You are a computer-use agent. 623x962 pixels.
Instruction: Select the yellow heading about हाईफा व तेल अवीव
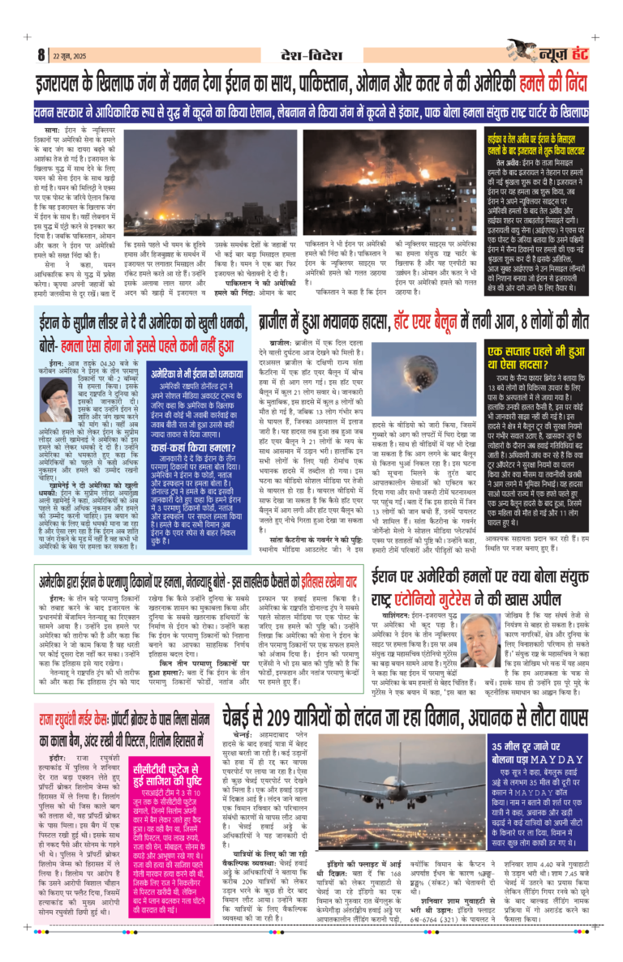[537, 143]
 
